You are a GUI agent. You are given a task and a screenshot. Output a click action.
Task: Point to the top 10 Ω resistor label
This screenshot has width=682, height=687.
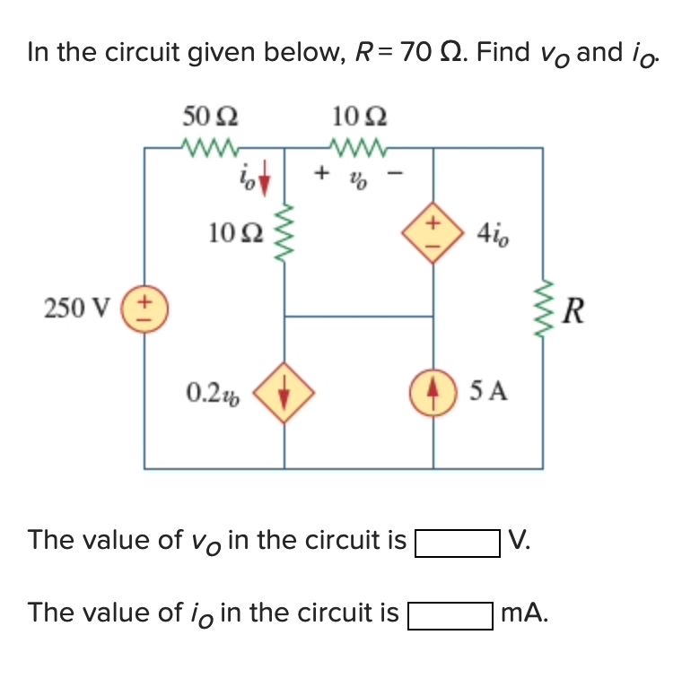click(x=359, y=116)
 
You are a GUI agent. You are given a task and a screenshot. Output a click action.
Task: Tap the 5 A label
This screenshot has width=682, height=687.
click(x=487, y=391)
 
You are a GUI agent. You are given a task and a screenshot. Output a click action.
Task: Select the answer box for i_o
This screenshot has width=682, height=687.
click(x=450, y=616)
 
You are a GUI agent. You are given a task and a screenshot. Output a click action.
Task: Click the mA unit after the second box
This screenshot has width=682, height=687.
click(x=524, y=613)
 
